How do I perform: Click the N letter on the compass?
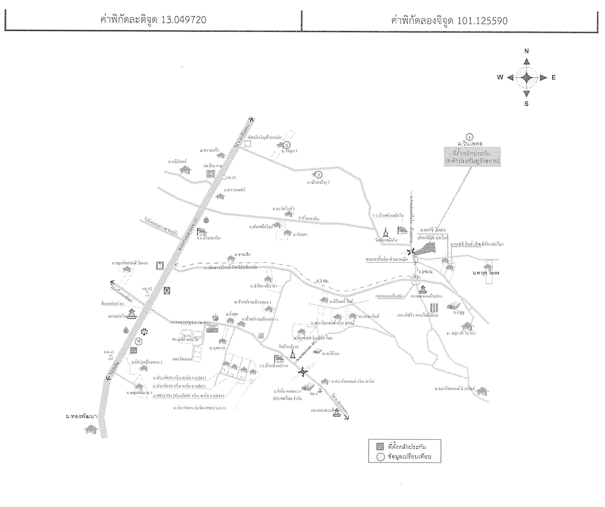coord(526,51)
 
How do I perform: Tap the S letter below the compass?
coord(526,104)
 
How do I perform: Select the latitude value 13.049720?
coord(184,20)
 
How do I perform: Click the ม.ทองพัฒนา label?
coord(81,416)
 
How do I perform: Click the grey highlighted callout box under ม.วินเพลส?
coord(472,157)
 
